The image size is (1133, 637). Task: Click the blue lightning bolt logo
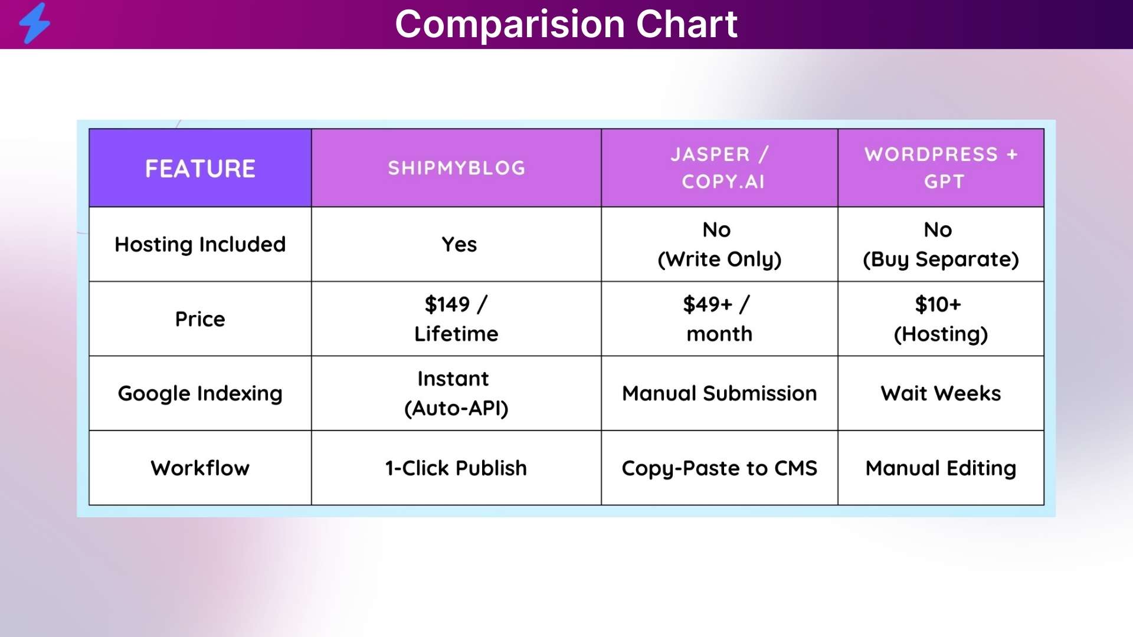point(34,24)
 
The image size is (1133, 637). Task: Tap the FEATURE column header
point(200,168)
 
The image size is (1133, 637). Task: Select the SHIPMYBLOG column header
point(456,168)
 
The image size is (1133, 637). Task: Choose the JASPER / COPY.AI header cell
point(719,168)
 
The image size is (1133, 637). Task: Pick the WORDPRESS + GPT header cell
point(941,168)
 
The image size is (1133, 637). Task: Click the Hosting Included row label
point(200,244)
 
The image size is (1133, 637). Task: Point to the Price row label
point(200,319)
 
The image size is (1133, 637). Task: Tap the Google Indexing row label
point(200,393)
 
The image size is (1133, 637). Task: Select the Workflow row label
point(200,468)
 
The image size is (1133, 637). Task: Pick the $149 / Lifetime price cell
point(456,319)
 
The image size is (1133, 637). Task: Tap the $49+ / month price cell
point(719,319)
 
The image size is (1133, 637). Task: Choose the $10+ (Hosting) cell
point(941,319)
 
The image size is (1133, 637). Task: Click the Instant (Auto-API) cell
point(456,393)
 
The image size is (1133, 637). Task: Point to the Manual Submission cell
point(719,393)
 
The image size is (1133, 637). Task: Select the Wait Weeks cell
point(941,393)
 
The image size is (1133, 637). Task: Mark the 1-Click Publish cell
point(456,468)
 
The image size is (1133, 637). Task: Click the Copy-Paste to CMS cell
point(719,468)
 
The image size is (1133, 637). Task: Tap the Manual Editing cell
point(941,468)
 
